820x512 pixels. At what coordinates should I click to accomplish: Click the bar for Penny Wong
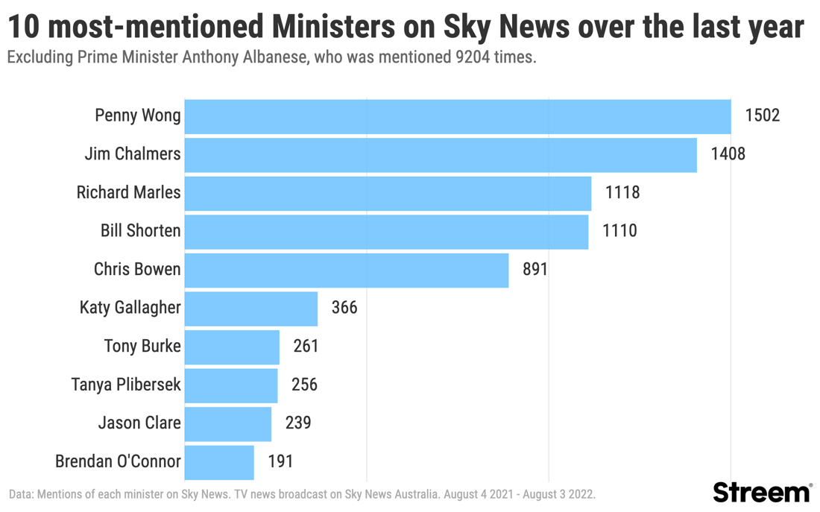(x=457, y=116)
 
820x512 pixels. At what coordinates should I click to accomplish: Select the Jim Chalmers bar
(x=440, y=155)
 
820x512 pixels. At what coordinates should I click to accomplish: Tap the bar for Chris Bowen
(x=346, y=270)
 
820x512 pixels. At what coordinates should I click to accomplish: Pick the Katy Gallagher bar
(x=250, y=309)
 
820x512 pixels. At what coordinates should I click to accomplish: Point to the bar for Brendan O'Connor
(x=219, y=462)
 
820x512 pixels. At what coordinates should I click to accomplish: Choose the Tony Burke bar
(x=232, y=347)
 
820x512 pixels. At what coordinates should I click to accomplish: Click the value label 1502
(x=762, y=116)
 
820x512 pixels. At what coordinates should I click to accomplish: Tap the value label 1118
(x=622, y=192)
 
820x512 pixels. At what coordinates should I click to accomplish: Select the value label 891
(x=535, y=269)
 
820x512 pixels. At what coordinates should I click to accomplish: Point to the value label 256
(x=304, y=385)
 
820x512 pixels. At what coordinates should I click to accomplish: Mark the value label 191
(x=280, y=461)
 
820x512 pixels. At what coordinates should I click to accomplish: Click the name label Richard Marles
(x=128, y=192)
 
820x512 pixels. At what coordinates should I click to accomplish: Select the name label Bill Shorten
(x=140, y=231)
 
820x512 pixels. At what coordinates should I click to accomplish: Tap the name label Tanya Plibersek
(x=125, y=385)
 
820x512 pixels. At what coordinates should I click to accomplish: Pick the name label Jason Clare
(x=139, y=423)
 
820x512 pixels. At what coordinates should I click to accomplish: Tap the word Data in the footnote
(x=21, y=494)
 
